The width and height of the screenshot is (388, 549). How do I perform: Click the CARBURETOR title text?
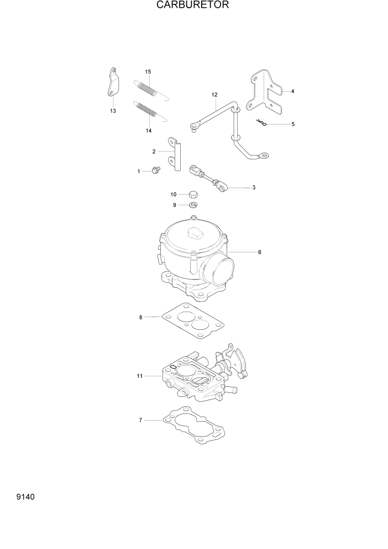pyautogui.click(x=193, y=6)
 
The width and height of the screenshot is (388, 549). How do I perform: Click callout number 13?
pyautogui.click(x=113, y=111)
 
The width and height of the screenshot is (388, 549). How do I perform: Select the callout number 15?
pyautogui.click(x=148, y=72)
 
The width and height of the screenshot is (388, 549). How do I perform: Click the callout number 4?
pyautogui.click(x=292, y=91)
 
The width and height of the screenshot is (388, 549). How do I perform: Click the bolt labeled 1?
pyautogui.click(x=155, y=171)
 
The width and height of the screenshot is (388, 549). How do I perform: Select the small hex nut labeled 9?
pyautogui.click(x=193, y=205)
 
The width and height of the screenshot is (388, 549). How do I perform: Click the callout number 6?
pyautogui.click(x=259, y=252)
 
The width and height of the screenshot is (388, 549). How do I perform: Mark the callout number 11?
pyautogui.click(x=140, y=376)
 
